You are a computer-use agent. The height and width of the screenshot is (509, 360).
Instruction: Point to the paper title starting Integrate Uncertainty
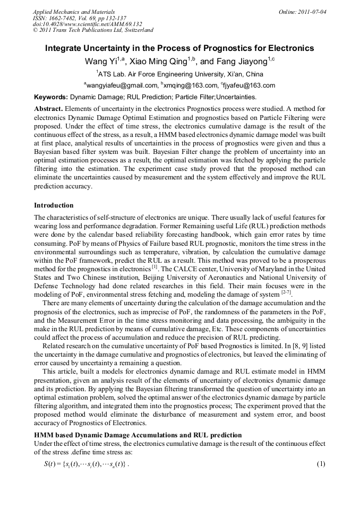(x=179, y=48)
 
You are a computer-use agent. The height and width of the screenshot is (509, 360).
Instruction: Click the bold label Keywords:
(x=51, y=97)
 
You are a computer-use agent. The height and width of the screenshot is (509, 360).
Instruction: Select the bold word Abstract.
(x=48, y=108)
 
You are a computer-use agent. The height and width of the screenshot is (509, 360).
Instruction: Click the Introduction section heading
(x=54, y=205)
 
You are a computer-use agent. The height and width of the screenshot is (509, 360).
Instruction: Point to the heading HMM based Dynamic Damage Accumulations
(x=138, y=435)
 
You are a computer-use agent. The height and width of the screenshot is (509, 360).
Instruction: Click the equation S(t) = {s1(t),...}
(x=86, y=464)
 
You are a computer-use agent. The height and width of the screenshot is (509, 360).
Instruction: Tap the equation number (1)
(x=320, y=464)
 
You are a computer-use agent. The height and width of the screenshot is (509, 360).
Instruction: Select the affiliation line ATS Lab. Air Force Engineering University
(x=179, y=74)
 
